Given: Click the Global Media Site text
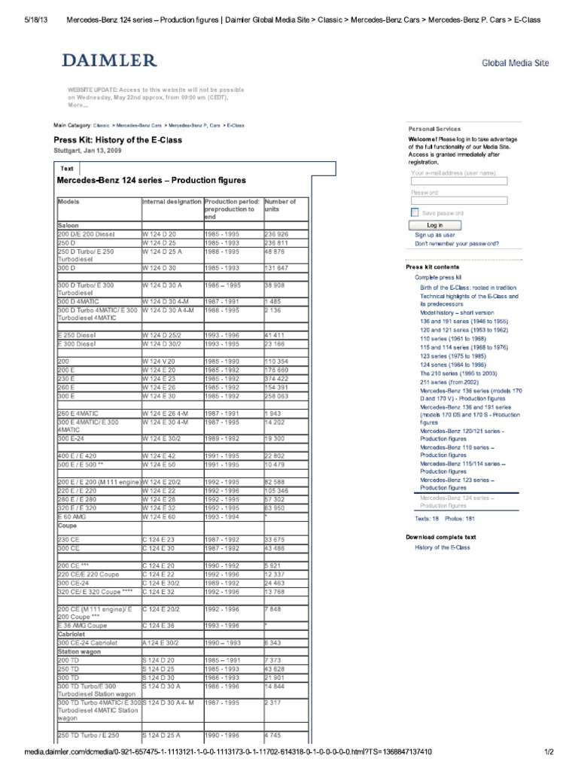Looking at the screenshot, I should (514, 64).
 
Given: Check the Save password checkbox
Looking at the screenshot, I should (415, 213).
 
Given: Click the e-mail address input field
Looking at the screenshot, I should (459, 181).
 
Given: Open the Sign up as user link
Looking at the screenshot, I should (434, 235).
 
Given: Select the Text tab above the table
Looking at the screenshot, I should (67, 169).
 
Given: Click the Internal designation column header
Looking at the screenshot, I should (172, 202).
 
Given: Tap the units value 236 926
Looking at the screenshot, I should (276, 235).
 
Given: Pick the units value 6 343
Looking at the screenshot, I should (275, 641).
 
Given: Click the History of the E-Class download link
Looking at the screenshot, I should (443, 547).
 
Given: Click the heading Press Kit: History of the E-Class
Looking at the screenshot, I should (117, 140).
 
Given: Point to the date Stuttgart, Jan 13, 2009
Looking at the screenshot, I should (87, 151).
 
